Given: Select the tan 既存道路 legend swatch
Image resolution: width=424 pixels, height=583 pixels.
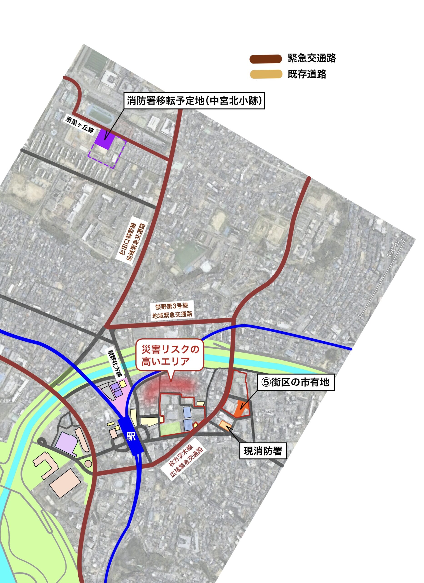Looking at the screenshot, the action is [265, 74].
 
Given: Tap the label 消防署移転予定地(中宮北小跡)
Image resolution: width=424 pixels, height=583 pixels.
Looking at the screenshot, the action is [194, 101].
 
